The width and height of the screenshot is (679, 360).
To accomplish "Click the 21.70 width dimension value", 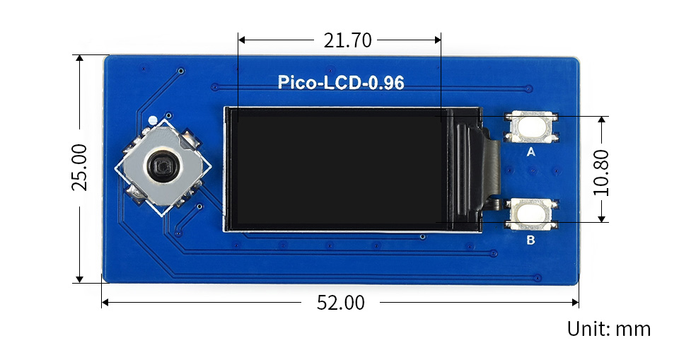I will (x=347, y=41).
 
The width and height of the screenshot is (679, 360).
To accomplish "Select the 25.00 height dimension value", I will (x=79, y=168).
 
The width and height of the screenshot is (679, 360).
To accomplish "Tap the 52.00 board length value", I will (x=341, y=303).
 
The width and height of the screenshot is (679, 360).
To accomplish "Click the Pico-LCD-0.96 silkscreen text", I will (x=341, y=83).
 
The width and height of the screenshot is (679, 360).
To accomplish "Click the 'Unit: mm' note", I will (x=608, y=329).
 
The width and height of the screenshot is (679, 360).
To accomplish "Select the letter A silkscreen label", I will (x=531, y=151).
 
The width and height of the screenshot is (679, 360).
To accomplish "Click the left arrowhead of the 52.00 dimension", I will (x=105, y=303).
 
